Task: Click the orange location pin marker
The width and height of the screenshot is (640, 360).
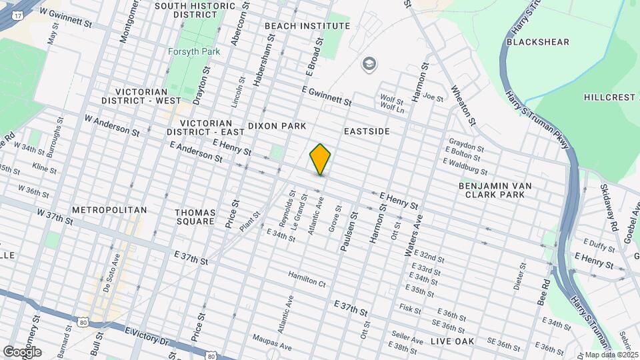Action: (x=320, y=159)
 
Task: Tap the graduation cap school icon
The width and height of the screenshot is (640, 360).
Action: (x=367, y=64)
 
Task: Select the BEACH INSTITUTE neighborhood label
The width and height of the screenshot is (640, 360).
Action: (x=307, y=26)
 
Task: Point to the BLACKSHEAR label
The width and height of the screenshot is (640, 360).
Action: (x=537, y=42)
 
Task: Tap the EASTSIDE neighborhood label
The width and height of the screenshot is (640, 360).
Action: (x=367, y=131)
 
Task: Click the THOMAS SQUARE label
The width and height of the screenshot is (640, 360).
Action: (x=195, y=216)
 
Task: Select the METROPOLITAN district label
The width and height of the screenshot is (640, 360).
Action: (x=109, y=210)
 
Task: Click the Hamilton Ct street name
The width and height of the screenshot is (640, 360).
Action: (x=307, y=279)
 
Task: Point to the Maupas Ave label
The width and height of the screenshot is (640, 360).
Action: (x=272, y=341)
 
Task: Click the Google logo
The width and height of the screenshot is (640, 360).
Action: (x=22, y=351)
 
